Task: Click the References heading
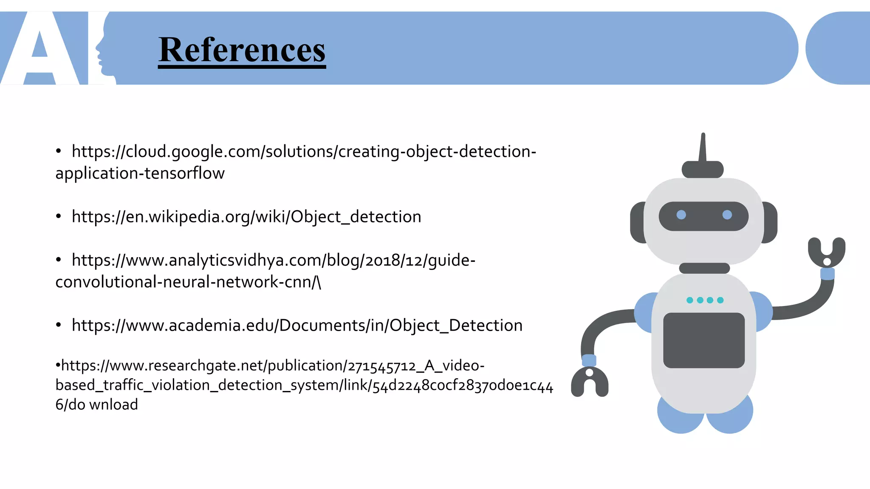(242, 50)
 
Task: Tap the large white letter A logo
(40, 51)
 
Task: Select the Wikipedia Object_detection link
(246, 217)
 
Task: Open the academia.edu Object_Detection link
(297, 326)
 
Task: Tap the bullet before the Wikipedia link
(59, 216)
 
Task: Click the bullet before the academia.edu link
(59, 325)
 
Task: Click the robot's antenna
(703, 149)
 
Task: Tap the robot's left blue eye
(681, 215)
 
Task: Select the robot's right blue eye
(727, 215)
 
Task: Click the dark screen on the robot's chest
(704, 340)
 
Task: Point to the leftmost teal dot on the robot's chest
(690, 300)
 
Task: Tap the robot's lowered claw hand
(590, 381)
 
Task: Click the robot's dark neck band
(704, 268)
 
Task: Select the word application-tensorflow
(140, 174)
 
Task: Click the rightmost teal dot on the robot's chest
(720, 300)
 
